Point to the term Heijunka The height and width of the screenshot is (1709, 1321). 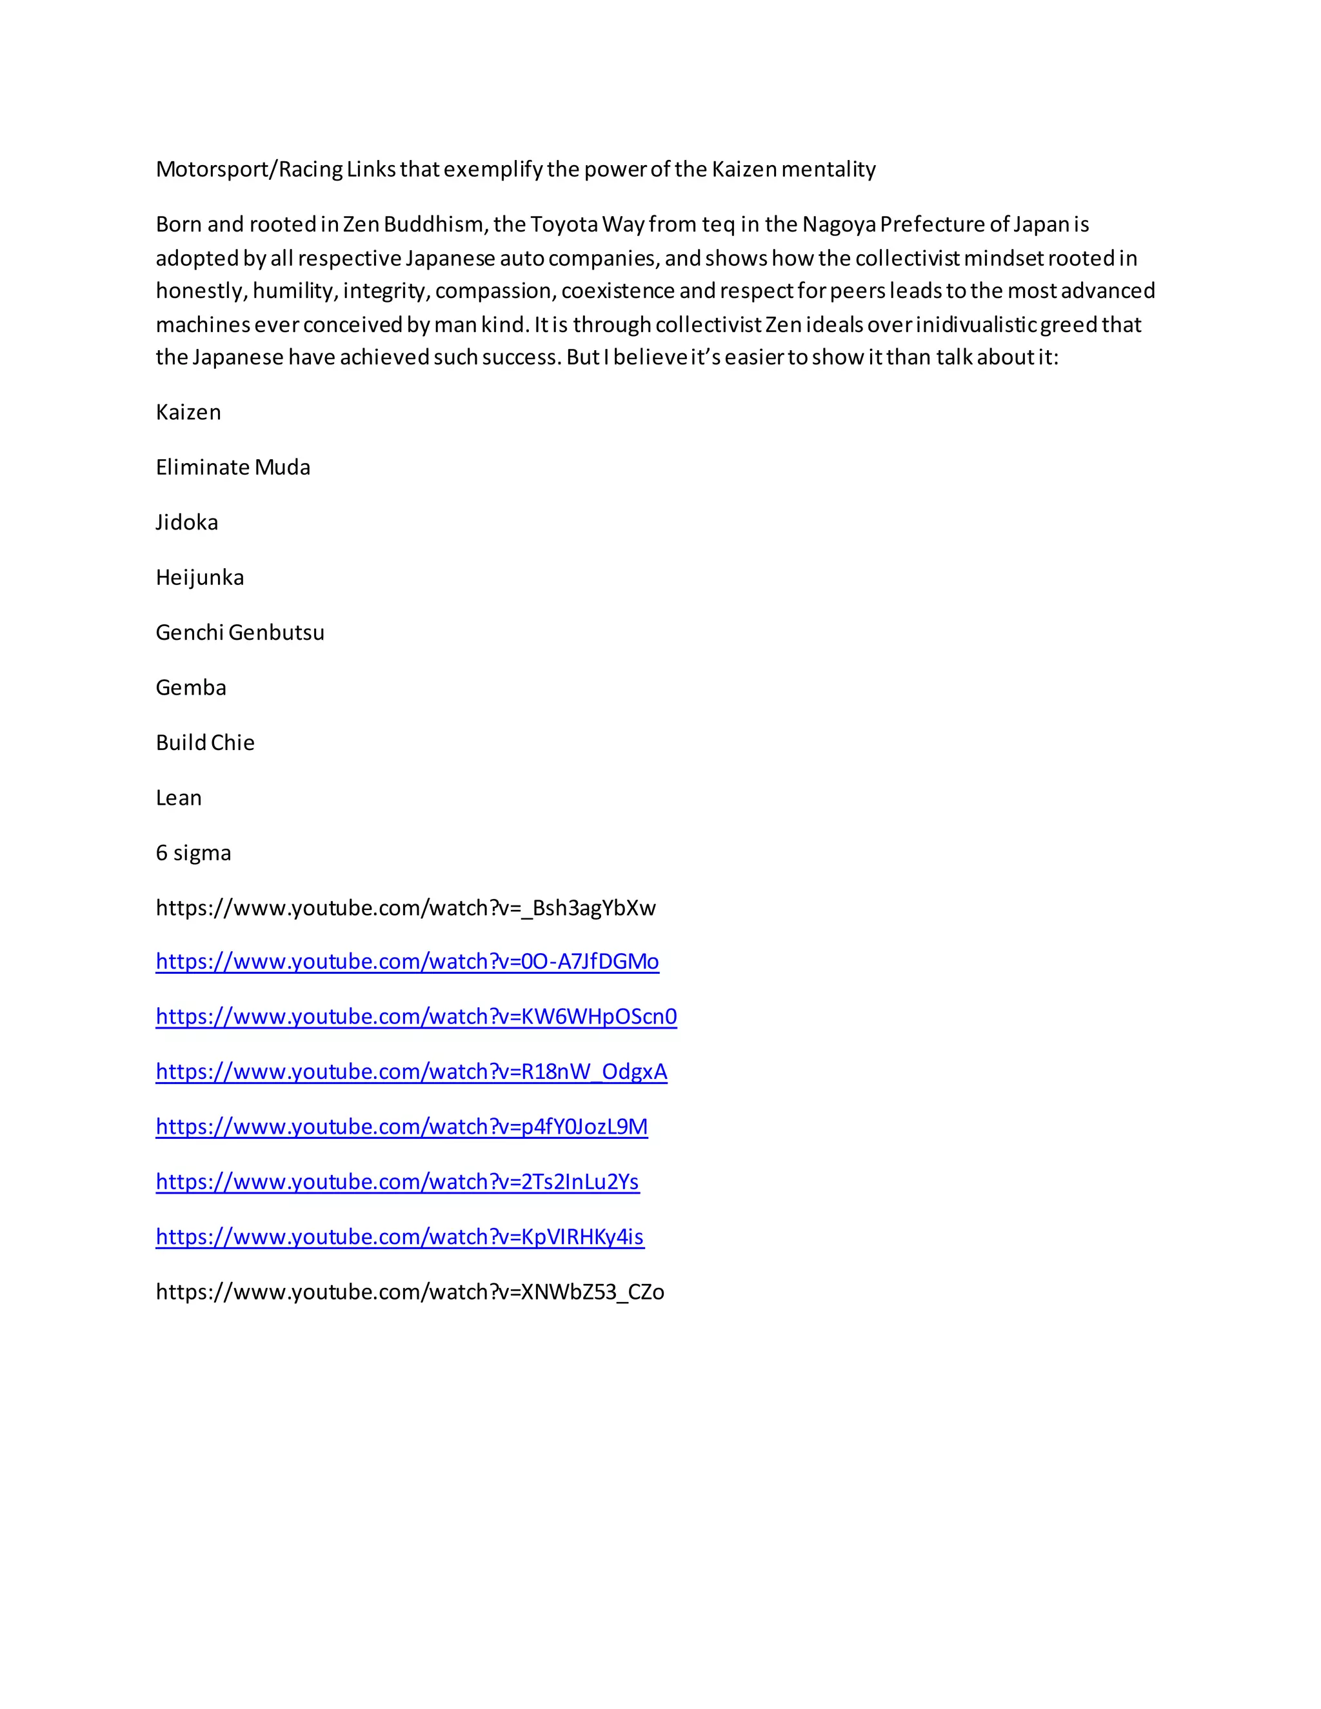pyautogui.click(x=199, y=577)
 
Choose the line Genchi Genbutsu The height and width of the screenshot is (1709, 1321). pyautogui.click(x=239, y=632)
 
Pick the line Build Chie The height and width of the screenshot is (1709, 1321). pyautogui.click(x=205, y=742)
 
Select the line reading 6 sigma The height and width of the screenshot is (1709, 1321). pyautogui.click(x=194, y=853)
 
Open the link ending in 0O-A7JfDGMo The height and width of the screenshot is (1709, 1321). pyautogui.click(x=407, y=962)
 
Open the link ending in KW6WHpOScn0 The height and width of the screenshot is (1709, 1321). pyautogui.click(x=415, y=1016)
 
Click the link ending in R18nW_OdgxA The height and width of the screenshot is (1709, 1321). pyautogui.click(x=411, y=1071)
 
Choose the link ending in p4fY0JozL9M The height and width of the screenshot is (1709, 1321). pyautogui.click(x=401, y=1127)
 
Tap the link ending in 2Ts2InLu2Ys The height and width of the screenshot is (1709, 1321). pyautogui.click(x=397, y=1181)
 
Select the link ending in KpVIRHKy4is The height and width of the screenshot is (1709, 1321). pyautogui.click(x=399, y=1236)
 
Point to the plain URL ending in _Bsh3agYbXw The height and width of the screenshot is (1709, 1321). pyautogui.click(x=405, y=908)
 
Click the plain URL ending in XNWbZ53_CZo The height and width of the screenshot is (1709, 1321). pyautogui.click(x=410, y=1292)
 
